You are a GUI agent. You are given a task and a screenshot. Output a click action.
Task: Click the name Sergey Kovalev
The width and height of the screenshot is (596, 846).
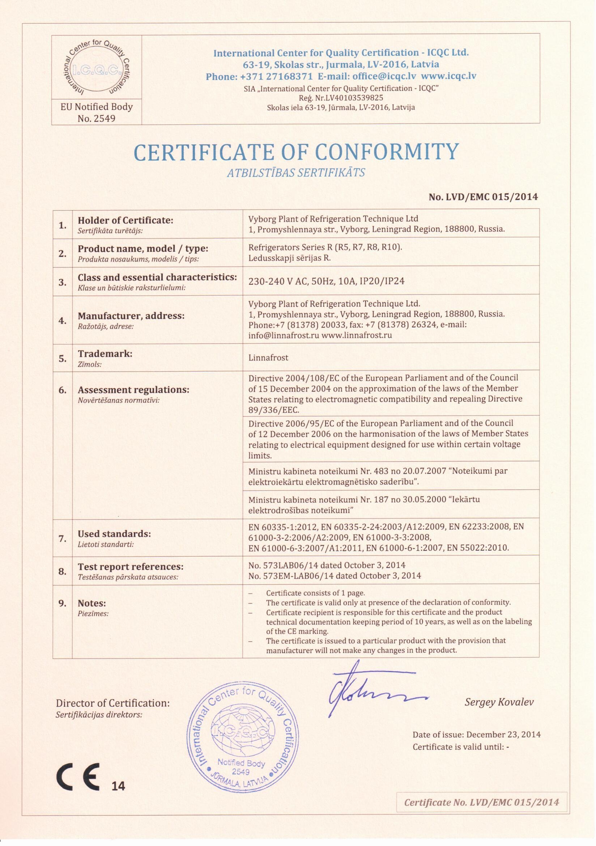(x=499, y=702)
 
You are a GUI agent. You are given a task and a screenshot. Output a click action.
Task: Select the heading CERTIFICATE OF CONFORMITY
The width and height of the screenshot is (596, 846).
(x=297, y=152)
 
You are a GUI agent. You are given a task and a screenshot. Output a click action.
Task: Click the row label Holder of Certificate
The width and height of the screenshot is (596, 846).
(x=125, y=220)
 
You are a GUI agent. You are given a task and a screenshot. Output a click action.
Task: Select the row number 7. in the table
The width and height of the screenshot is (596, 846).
(x=63, y=539)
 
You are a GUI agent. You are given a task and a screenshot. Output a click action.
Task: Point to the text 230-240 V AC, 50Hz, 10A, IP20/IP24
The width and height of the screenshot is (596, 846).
(x=326, y=281)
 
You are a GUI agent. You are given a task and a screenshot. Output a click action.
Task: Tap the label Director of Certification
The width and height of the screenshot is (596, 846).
(x=113, y=703)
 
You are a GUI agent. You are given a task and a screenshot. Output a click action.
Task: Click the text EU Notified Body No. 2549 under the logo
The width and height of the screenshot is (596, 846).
(x=97, y=113)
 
